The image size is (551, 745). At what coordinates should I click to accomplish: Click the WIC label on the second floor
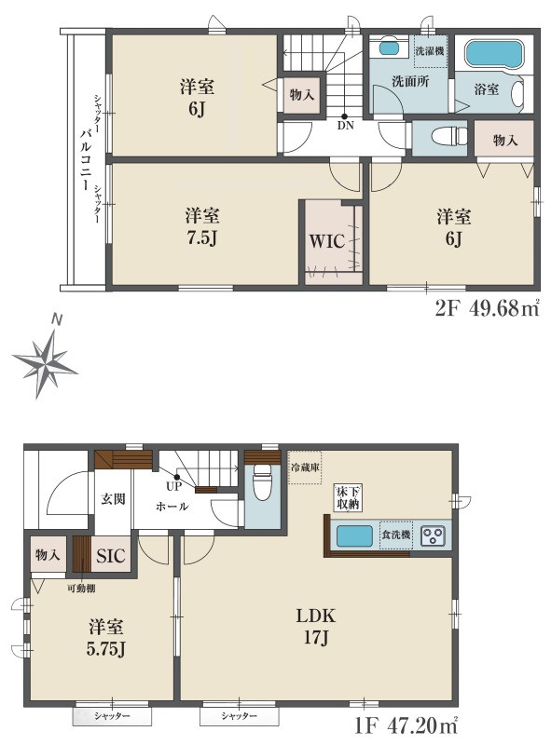[x=327, y=241]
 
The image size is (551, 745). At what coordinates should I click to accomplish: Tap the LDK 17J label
[x=315, y=627]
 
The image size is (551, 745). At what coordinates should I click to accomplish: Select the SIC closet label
[x=110, y=555]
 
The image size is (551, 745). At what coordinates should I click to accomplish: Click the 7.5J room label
[x=202, y=227]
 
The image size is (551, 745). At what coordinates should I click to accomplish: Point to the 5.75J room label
[x=105, y=638]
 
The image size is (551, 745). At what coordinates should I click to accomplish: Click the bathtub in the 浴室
[x=494, y=55]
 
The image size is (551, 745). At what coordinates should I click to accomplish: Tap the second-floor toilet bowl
[x=449, y=135]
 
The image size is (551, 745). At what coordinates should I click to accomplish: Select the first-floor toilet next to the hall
[x=262, y=481]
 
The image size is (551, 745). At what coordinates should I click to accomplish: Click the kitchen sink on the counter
[x=354, y=536]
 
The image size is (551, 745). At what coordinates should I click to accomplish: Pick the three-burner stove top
[x=434, y=535]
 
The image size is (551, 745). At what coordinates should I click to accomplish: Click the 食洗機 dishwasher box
[x=396, y=535]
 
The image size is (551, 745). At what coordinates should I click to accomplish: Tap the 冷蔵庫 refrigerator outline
[x=305, y=467]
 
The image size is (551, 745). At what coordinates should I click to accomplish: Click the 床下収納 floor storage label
[x=348, y=497]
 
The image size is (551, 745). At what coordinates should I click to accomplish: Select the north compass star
[x=45, y=363]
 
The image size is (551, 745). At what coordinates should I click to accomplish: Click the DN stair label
[x=346, y=126]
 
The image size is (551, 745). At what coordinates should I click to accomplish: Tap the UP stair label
[x=173, y=486]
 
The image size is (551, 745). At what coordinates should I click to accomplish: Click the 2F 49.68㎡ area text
[x=488, y=308]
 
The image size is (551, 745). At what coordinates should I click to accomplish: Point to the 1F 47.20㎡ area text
[x=406, y=725]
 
